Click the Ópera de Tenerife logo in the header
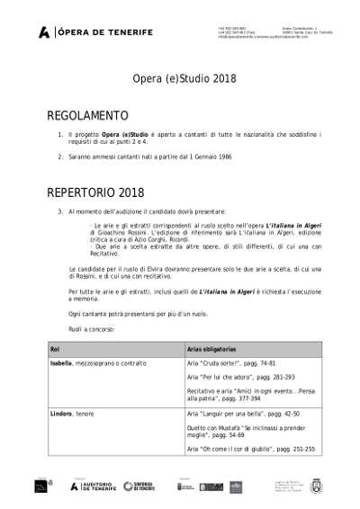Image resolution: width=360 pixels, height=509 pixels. [x=95, y=32]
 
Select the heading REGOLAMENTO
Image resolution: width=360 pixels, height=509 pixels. [x=87, y=116]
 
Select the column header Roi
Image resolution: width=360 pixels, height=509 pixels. [x=55, y=347]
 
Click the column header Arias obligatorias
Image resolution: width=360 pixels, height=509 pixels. [x=211, y=347]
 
